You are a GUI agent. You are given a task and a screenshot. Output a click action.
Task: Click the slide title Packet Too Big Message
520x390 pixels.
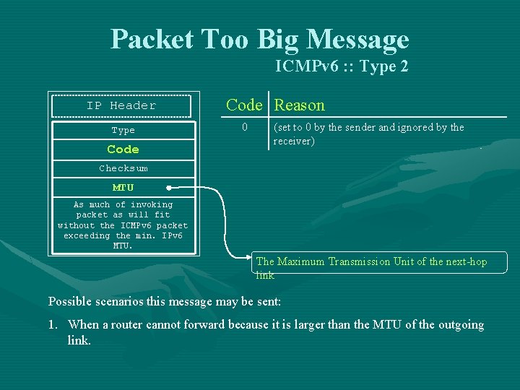pos(259,39)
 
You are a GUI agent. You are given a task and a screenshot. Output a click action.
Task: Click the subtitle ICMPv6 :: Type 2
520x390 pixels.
pos(342,66)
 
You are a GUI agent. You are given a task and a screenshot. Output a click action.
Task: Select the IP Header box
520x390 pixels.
pos(121,105)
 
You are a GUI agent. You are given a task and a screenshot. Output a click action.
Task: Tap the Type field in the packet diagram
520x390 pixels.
pos(123,131)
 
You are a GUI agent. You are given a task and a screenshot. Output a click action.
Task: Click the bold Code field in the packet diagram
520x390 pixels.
pos(123,149)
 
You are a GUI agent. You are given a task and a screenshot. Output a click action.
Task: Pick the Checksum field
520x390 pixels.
pos(123,168)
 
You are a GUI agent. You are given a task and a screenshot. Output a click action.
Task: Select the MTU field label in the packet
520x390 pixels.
pos(123,187)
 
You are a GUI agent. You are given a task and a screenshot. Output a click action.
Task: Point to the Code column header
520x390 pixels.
pos(244,105)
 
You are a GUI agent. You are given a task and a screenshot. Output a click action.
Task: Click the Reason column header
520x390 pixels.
pos(300,105)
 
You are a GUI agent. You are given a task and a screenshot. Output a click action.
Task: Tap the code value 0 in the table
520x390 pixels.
pos(245,127)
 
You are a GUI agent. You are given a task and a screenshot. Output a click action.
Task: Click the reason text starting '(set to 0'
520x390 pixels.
pos(368,134)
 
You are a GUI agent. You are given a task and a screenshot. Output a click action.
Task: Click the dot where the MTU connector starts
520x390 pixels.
pos(168,188)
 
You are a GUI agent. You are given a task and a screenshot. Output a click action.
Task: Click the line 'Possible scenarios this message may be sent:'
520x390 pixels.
pos(164,300)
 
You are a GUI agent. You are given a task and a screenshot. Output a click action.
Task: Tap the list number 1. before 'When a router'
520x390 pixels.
pos(53,325)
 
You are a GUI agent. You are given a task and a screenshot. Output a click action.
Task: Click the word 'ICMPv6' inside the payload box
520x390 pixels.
pos(137,225)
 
